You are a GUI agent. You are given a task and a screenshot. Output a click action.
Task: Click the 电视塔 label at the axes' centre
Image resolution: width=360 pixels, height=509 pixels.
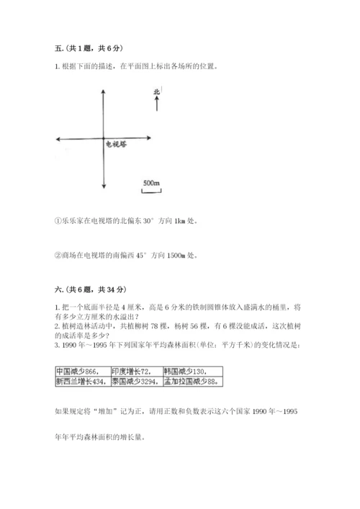115,144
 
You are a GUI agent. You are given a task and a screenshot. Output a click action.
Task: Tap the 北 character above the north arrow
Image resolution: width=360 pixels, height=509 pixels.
156,91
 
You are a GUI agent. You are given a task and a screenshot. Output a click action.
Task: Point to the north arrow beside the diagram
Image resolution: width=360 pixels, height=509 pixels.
156,103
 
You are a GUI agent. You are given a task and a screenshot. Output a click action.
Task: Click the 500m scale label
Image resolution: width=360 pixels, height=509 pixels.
151,183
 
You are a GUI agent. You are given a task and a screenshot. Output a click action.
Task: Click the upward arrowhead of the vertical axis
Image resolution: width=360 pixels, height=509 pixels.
104,91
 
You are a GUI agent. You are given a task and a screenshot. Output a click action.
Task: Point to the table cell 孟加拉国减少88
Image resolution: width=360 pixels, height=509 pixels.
190,382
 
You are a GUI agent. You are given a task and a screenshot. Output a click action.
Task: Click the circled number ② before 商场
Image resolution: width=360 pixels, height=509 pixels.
58,255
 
